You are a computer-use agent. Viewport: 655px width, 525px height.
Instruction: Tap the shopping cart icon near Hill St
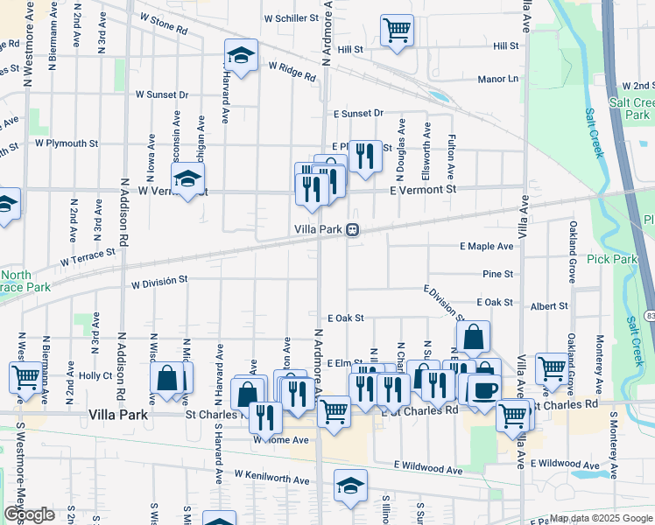tap(397, 30)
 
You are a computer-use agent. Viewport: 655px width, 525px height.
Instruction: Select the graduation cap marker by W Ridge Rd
tap(240, 56)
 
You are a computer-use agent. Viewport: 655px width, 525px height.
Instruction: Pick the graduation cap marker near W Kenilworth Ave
tap(350, 486)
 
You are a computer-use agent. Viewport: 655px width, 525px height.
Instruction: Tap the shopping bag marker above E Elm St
tap(473, 336)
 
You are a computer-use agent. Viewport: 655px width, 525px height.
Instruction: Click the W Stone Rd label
tap(163, 24)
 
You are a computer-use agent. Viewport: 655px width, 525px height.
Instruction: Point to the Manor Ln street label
tap(497, 79)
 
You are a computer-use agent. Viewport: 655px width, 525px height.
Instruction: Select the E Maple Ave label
tap(487, 247)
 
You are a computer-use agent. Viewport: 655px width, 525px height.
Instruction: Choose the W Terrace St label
tap(88, 257)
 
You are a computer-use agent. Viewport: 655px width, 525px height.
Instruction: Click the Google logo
tap(29, 514)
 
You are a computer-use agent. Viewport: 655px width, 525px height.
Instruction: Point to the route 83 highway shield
tap(650, 314)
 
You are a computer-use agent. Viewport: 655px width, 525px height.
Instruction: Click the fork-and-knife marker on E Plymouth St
tap(365, 156)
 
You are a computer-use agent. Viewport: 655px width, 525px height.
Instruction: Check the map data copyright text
tap(601, 518)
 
